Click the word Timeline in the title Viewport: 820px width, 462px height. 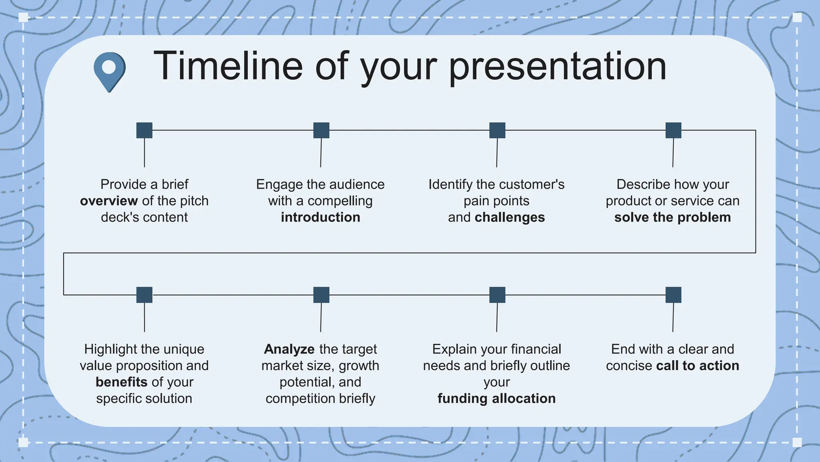(228, 66)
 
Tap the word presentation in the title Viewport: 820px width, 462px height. (557, 67)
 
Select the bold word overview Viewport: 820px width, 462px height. (109, 201)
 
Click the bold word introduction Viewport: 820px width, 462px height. (320, 217)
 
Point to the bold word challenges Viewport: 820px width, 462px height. (510, 217)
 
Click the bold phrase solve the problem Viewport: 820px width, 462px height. (672, 217)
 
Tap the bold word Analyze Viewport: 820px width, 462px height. (289, 349)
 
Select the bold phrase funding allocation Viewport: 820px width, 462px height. (496, 399)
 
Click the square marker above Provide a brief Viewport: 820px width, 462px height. (144, 130)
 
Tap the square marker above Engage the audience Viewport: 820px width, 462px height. (321, 130)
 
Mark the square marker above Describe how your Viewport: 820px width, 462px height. (673, 130)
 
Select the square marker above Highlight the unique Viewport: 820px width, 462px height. (144, 295)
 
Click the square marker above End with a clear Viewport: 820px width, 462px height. (673, 295)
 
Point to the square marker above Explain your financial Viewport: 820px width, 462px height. (497, 295)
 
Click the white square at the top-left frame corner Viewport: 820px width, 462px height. (23, 17)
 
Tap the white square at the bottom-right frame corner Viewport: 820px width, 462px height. (797, 442)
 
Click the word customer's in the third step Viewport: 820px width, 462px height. (532, 184)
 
